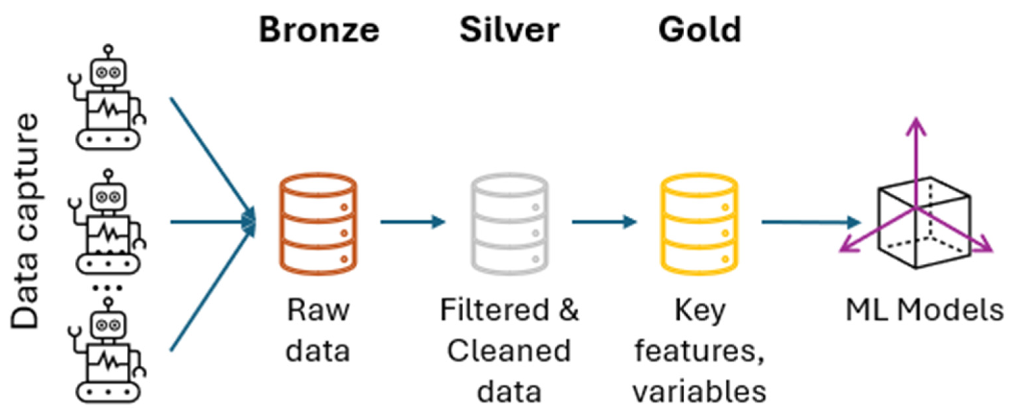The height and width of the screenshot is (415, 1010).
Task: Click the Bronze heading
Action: pyautogui.click(x=319, y=30)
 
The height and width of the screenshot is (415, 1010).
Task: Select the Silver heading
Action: pyautogui.click(x=509, y=30)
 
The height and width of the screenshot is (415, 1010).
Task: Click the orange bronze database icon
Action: pyautogui.click(x=318, y=224)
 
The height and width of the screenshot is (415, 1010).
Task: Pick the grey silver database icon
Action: pyautogui.click(x=509, y=224)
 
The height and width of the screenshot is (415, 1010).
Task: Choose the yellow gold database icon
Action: pyautogui.click(x=699, y=224)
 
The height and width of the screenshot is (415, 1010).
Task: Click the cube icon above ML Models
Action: pyautogui.click(x=923, y=223)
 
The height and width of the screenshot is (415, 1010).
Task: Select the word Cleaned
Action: pyautogui.click(x=509, y=351)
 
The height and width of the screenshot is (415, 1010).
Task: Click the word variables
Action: pyautogui.click(x=699, y=391)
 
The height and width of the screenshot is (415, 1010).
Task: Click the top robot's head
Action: pyautogui.click(x=109, y=72)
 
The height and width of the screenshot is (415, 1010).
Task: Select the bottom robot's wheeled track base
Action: pyautogui.click(x=109, y=391)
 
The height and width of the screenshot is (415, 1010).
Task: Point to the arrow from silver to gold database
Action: pyautogui.click(x=604, y=222)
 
